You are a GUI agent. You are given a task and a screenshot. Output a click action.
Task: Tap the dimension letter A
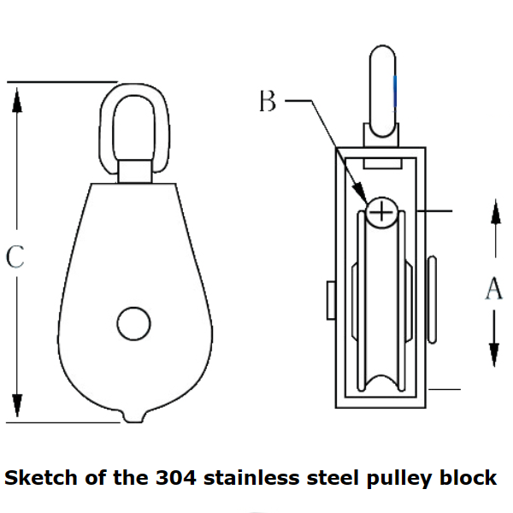(494, 289)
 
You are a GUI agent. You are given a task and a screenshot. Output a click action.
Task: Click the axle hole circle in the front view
(133, 324)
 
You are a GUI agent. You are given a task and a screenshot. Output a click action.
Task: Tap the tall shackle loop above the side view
(382, 85)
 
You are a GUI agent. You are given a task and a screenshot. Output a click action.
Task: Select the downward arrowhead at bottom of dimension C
(16, 405)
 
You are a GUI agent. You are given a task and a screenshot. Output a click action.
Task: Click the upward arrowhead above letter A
(494, 214)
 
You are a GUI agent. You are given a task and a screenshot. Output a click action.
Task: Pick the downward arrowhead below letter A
(494, 354)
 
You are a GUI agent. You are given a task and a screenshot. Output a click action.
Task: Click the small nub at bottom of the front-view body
(133, 417)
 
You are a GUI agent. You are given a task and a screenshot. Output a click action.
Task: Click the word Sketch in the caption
(40, 477)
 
